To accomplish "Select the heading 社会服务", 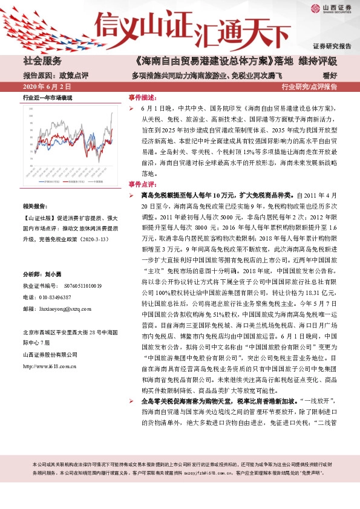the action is pos(42,61).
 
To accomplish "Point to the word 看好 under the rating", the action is pos(329,76).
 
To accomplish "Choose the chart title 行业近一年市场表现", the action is pos(48,97).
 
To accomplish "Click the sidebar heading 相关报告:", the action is pos(38,206).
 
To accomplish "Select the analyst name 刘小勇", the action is pos(55,273).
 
